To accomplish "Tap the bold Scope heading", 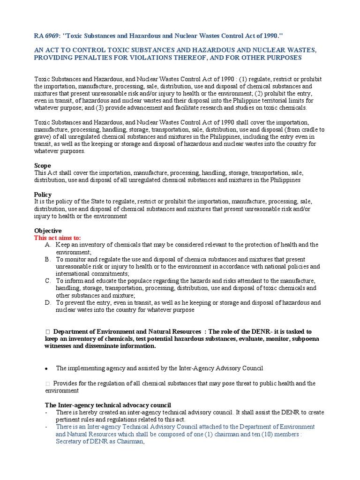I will point(42,165).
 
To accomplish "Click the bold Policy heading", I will point(43,195).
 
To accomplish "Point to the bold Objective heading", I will point(48,231).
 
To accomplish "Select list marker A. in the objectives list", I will point(48,245).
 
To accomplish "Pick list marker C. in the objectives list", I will point(48,281).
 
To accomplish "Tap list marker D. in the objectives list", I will point(48,303).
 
